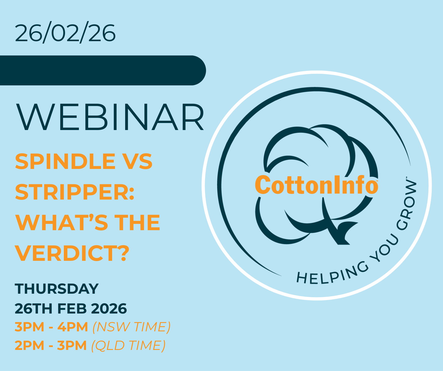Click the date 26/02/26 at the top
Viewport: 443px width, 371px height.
65,33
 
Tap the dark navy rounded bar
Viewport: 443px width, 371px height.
103,70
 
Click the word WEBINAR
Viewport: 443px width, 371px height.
110,117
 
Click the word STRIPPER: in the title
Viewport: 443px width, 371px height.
75,192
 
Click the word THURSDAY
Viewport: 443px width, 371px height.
57,289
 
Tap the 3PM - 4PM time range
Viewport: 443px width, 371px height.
51,327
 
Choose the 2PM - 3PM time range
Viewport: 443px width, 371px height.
51,345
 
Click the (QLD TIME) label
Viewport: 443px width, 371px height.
128,346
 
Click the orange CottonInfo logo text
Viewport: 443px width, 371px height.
317,185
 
